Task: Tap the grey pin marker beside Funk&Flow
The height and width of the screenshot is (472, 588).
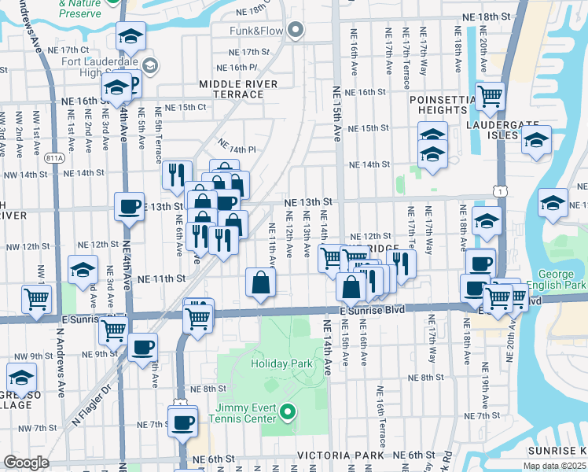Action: [x=296, y=31]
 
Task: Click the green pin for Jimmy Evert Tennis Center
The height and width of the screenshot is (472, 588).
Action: [x=288, y=411]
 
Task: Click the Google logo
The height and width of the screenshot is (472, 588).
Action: [x=26, y=463]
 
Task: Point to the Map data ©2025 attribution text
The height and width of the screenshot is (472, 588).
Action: [x=554, y=466]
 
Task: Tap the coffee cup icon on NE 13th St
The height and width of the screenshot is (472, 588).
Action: [x=130, y=207]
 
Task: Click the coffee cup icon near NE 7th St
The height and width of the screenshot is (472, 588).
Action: [x=183, y=422]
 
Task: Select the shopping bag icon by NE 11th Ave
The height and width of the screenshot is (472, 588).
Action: [x=260, y=282]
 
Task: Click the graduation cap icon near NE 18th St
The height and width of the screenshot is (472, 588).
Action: [x=130, y=35]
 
